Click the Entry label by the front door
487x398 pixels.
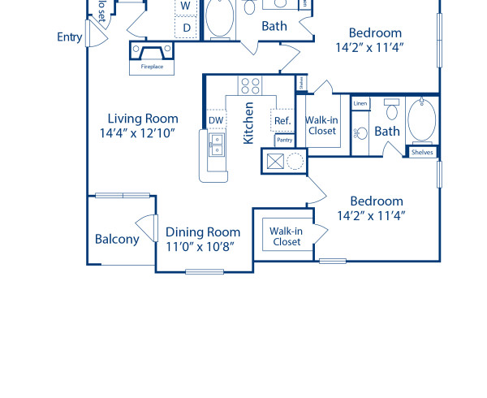click(70, 37)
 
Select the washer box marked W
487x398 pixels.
click(186, 6)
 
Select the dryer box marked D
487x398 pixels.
click(186, 28)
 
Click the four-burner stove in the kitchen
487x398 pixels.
click(249, 85)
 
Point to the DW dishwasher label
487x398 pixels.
click(216, 120)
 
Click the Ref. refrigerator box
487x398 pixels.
click(282, 120)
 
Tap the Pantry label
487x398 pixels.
click(284, 141)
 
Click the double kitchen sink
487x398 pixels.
click(218, 145)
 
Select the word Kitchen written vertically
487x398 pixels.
click(249, 123)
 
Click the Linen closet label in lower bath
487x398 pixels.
click(360, 103)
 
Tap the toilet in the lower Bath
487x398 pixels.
click(392, 110)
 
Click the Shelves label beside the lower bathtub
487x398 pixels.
click(422, 152)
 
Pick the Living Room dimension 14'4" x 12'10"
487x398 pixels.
click(139, 132)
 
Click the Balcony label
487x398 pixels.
click(117, 239)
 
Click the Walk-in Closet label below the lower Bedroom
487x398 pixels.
click(287, 236)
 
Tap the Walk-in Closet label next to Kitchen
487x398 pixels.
click(321, 125)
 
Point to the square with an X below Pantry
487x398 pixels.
click(273, 161)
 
